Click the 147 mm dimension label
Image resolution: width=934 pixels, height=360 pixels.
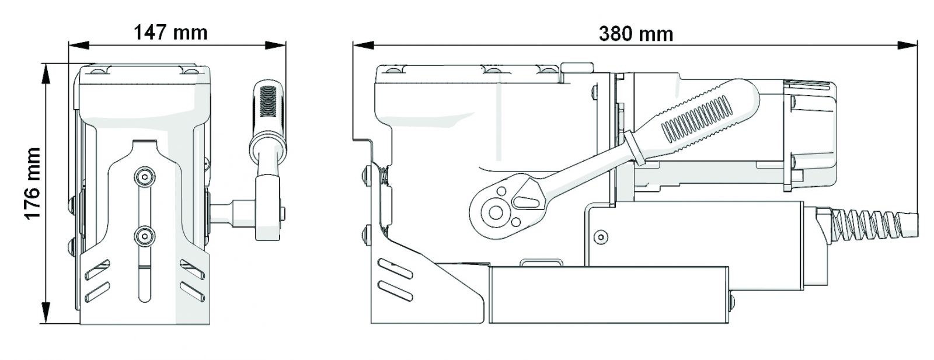170,33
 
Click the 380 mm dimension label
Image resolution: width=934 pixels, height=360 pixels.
636,34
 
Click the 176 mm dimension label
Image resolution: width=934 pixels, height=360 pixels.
32,184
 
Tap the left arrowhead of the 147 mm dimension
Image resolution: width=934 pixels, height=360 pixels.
79,44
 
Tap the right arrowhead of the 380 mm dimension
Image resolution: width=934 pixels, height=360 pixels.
907,45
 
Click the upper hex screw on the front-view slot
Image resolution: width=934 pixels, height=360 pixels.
144,177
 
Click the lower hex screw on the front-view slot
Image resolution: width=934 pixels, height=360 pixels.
144,237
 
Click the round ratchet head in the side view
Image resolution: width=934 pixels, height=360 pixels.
496,213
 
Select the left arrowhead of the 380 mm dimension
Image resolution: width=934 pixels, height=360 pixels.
363,45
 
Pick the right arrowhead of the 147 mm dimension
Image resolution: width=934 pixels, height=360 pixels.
276,44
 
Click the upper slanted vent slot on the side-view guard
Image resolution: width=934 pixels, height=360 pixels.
395,269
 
